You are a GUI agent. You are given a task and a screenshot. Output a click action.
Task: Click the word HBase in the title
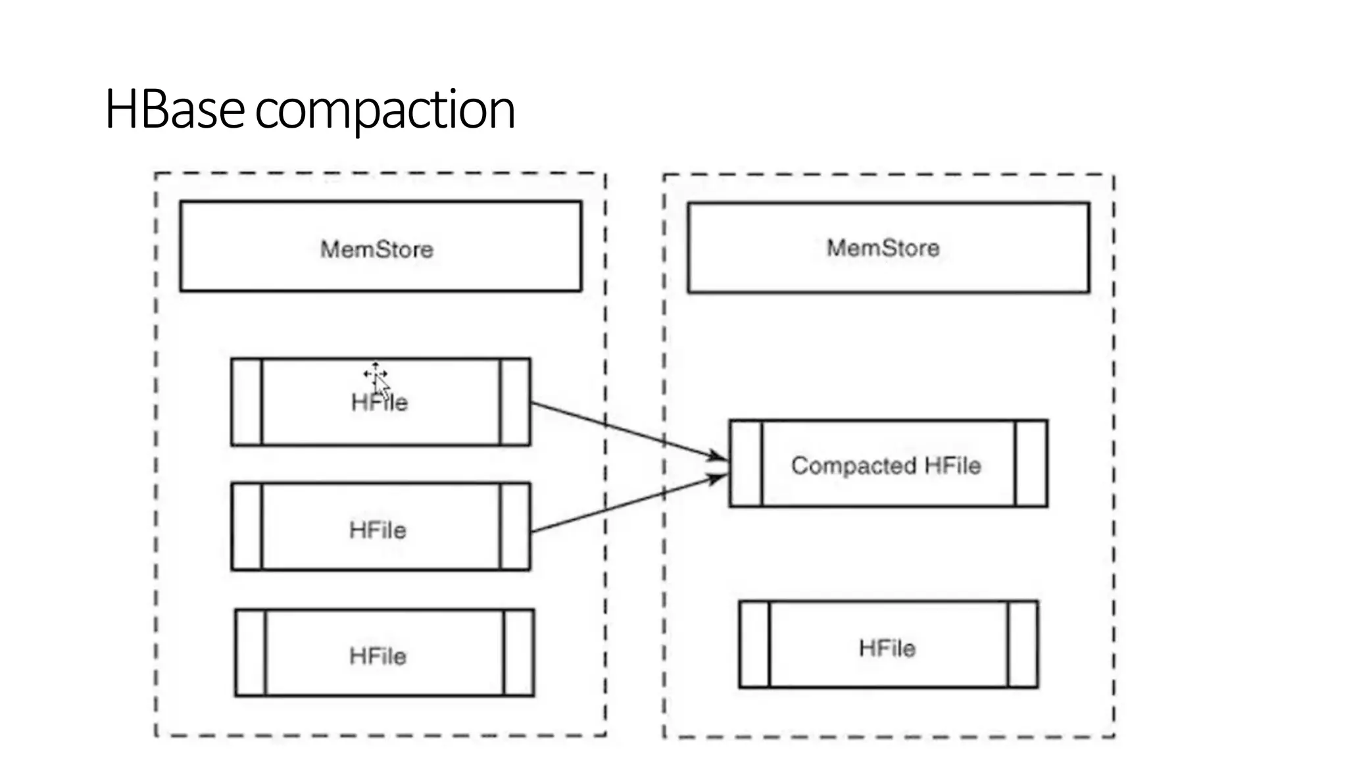point(175,109)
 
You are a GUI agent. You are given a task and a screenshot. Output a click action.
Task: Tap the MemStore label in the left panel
point(377,249)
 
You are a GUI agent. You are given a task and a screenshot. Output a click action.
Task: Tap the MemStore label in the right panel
point(883,248)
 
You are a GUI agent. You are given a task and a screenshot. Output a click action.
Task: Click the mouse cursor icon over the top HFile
point(377,377)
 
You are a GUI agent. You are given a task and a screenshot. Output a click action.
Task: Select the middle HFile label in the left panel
point(378,530)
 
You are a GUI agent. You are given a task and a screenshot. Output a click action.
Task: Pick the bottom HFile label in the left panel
point(378,656)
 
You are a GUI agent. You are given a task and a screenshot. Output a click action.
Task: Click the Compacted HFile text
point(886,466)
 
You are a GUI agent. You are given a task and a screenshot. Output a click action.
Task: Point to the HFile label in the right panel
point(887,649)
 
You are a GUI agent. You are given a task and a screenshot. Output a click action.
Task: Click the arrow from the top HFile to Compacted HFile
point(625,429)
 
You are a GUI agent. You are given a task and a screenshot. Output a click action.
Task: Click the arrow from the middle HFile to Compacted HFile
point(625,505)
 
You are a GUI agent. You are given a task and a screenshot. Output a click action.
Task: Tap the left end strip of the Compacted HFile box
point(746,464)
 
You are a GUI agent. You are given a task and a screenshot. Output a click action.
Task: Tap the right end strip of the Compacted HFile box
point(1031,464)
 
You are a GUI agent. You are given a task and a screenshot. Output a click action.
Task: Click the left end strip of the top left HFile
point(247,402)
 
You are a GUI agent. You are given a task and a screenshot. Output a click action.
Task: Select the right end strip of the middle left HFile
point(515,526)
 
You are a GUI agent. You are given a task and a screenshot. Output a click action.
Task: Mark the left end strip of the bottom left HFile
point(251,653)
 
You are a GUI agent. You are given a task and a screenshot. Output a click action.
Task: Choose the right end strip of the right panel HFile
point(1023,645)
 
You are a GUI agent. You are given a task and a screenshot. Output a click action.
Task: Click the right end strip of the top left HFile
point(515,402)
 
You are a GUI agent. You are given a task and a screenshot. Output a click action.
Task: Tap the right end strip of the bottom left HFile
point(519,653)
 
